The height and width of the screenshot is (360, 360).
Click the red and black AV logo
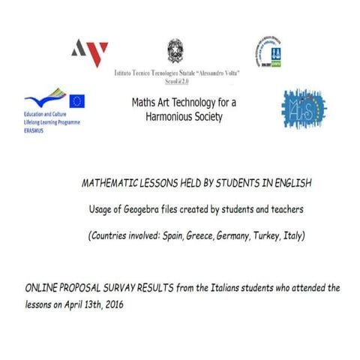89,52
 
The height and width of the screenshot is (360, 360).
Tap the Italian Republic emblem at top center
175,50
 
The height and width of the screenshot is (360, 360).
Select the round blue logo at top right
268,51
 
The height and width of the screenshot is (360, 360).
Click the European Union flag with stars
76,100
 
